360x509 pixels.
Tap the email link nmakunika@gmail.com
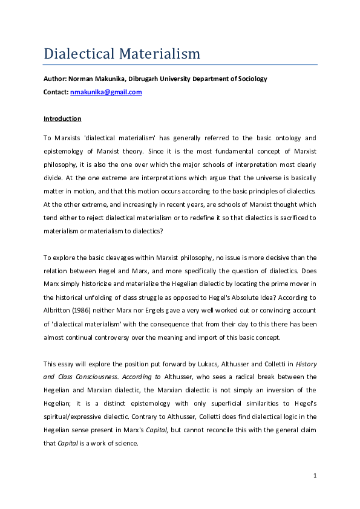coord(106,92)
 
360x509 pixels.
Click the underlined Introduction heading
coord(62,118)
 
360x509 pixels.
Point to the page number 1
coord(315,476)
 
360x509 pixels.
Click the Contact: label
coord(56,92)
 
